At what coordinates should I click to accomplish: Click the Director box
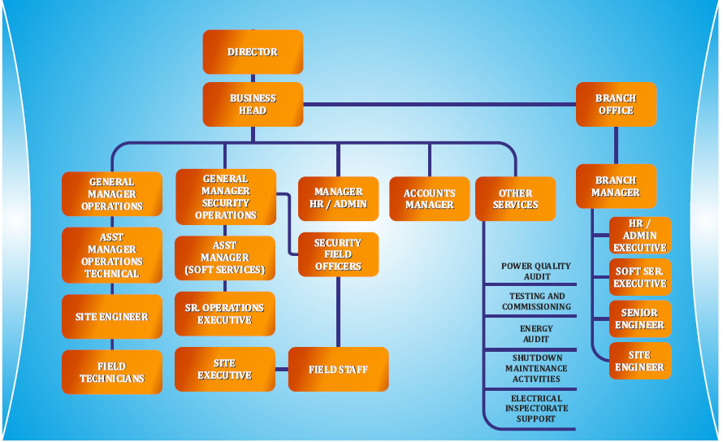click(253, 52)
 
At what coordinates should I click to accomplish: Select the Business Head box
click(253, 104)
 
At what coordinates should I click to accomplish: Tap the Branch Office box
click(616, 104)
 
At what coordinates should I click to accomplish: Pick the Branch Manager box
click(616, 186)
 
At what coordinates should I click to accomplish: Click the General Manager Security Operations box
click(225, 197)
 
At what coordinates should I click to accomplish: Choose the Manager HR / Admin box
click(338, 198)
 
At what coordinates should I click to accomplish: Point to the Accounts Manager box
click(430, 198)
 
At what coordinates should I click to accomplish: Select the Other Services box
click(515, 198)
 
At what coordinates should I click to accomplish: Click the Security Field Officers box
click(338, 254)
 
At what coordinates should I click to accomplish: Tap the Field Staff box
click(338, 370)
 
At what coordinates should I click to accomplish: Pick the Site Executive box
click(225, 370)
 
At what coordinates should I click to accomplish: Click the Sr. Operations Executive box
click(225, 314)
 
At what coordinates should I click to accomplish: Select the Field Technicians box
click(112, 372)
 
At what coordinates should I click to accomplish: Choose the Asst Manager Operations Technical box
click(112, 255)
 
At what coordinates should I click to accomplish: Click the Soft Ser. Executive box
click(640, 277)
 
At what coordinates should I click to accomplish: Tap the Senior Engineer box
click(640, 318)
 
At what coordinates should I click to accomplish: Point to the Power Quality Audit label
click(536, 271)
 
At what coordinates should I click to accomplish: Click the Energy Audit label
click(536, 333)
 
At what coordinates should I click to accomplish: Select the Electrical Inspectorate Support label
click(536, 409)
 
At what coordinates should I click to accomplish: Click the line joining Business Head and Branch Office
click(439, 104)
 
